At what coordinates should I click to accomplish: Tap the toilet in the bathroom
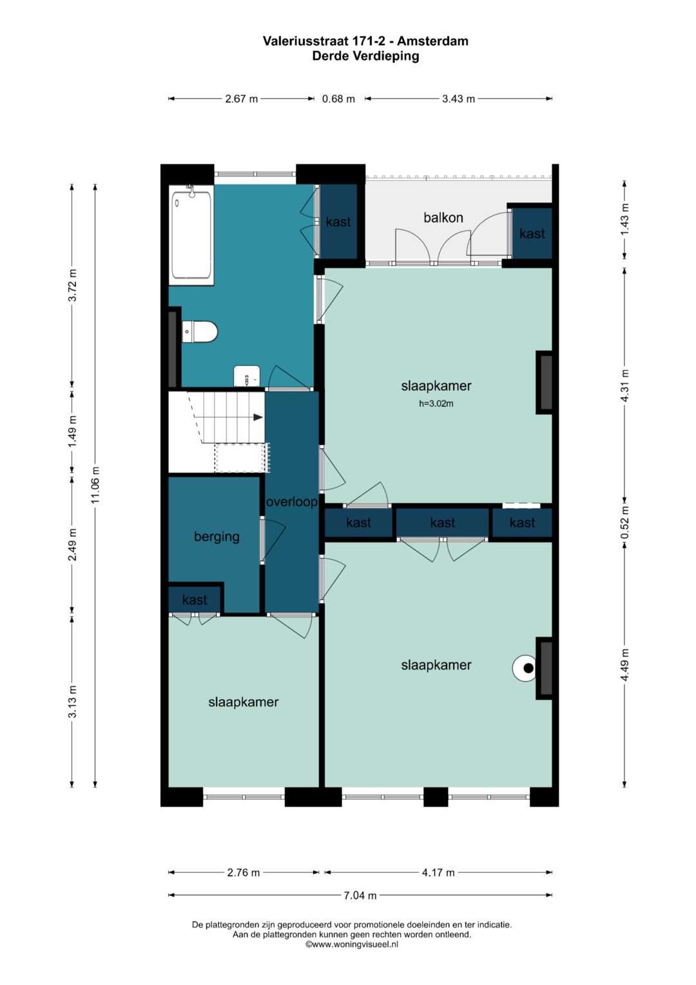pos(200,332)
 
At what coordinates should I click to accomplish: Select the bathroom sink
pos(246,375)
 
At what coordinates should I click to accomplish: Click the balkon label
pos(443,217)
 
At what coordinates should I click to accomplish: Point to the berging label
pos(217,537)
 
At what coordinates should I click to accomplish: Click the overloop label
pos(292,502)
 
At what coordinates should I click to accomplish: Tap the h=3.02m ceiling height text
pos(436,404)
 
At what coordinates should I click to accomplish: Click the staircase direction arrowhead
pos(258,417)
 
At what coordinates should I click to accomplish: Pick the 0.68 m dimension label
pos(338,99)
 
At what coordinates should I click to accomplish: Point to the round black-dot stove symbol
pos(525,668)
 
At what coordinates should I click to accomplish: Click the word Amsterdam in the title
pos(433,41)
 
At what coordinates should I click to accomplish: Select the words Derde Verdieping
pos(365,56)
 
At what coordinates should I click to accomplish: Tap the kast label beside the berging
pos(195,600)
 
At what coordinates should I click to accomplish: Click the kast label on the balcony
pos(532,234)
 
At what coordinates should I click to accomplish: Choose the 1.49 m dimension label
pos(73,431)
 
